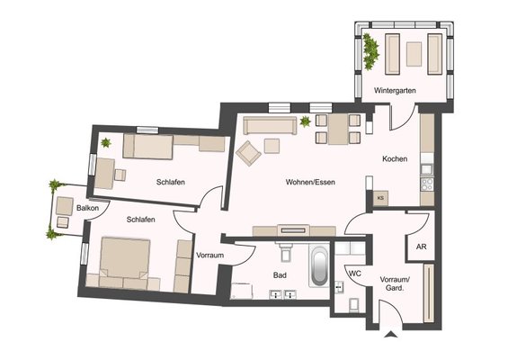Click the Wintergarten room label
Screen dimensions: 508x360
(395, 91)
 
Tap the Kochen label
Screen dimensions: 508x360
(395, 159)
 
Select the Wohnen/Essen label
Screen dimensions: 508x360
(310, 183)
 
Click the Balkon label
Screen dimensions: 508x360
(87, 208)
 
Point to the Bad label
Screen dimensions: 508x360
(280, 275)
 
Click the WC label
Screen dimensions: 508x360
(354, 274)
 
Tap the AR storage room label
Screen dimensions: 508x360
(421, 247)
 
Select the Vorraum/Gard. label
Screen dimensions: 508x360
(395, 283)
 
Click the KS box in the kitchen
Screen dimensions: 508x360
(380, 198)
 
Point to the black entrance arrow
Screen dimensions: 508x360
(391, 335)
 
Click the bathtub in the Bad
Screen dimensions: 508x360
(319, 266)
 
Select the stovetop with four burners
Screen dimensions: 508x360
(427, 184)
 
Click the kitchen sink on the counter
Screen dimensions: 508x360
(426, 169)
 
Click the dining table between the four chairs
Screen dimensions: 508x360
(338, 129)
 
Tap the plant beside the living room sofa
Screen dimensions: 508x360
(305, 121)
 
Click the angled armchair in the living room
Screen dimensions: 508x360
(248, 153)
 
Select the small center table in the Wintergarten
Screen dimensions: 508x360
(414, 54)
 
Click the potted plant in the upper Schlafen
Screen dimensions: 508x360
(105, 142)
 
